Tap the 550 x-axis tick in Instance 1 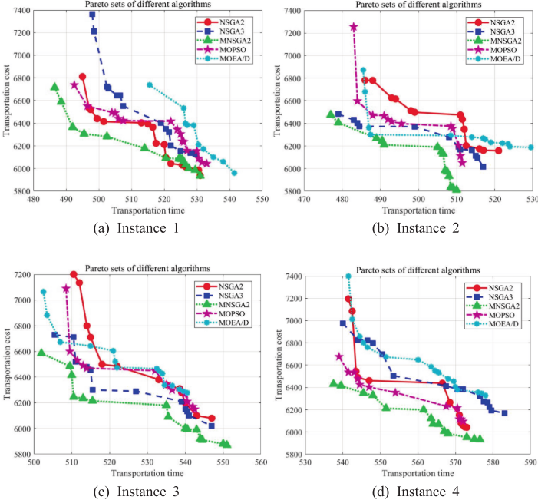262,199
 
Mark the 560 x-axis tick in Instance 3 261,463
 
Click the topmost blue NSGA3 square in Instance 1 92,15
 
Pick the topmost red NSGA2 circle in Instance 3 74,275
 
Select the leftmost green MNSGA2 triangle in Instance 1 54,87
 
